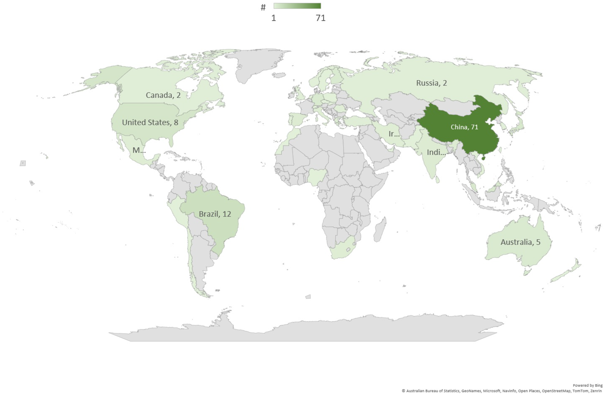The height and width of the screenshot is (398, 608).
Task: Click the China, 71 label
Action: (464, 127)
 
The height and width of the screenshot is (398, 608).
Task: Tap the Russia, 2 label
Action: (431, 83)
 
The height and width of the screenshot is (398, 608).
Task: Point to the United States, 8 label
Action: (150, 123)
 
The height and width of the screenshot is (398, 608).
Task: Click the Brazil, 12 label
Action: (215, 214)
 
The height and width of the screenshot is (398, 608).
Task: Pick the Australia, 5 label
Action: (520, 242)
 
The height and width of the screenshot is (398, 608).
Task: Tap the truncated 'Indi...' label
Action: (436, 153)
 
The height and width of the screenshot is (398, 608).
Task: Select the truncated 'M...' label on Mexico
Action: (139, 150)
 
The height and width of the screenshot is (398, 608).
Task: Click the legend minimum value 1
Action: (274, 18)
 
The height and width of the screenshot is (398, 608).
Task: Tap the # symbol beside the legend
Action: (263, 7)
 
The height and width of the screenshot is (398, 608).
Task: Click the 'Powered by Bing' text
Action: (587, 385)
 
